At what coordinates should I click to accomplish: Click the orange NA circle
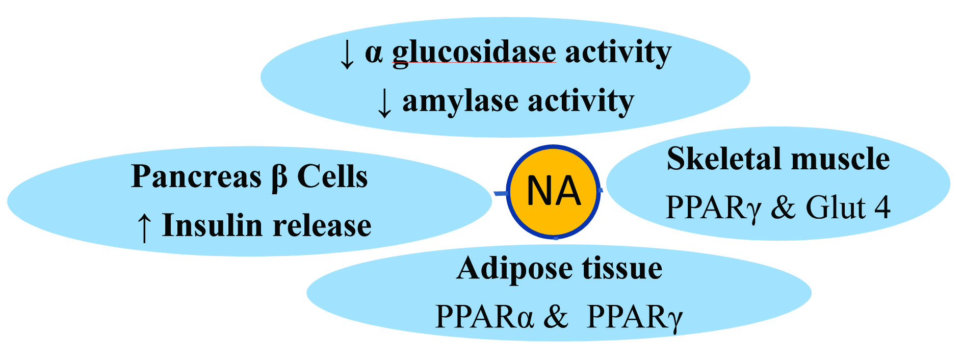[554, 191]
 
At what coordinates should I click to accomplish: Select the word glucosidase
[474, 53]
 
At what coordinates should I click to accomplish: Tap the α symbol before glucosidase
[374, 53]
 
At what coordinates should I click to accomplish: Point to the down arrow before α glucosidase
[347, 54]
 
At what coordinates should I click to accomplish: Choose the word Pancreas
[196, 176]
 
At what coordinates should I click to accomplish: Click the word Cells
[332, 176]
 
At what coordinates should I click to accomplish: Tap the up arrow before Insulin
[144, 227]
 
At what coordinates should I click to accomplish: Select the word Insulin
[209, 225]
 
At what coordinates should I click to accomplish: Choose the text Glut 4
[847, 208]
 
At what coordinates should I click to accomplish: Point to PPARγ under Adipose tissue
[635, 317]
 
